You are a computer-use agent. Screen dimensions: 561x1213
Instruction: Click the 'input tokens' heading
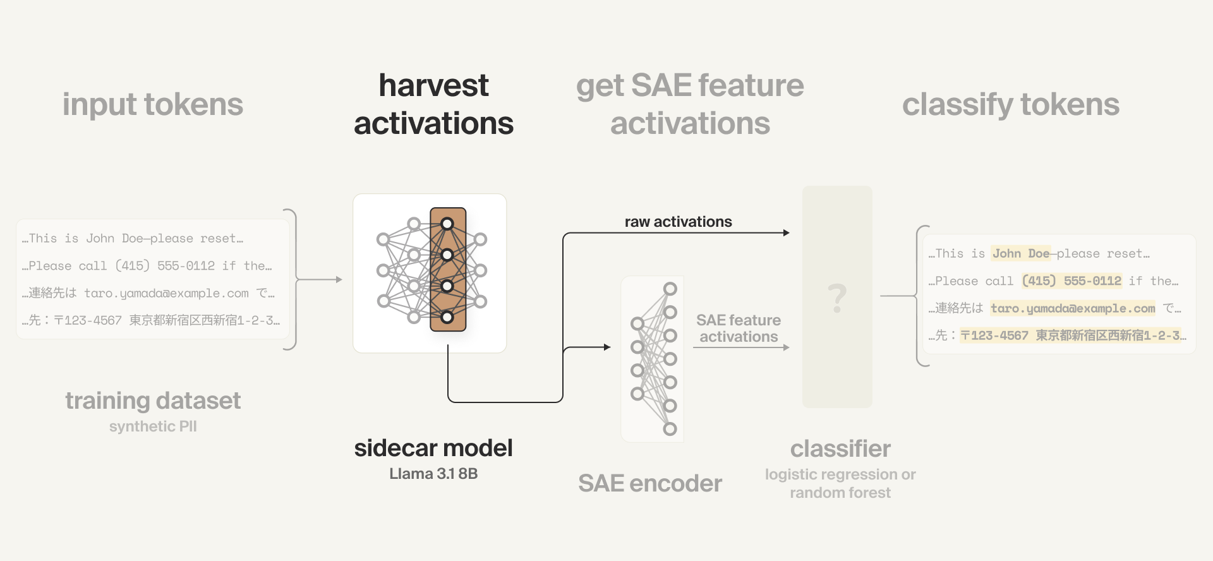[x=152, y=104]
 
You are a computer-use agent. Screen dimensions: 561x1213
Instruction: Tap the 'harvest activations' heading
[x=433, y=104]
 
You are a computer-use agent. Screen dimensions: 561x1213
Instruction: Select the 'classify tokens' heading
[x=1010, y=104]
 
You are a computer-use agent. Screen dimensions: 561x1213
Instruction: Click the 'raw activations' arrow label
[x=678, y=222]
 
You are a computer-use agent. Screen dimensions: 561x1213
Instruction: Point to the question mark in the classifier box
[x=837, y=298]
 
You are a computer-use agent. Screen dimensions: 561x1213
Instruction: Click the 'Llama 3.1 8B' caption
[x=433, y=474]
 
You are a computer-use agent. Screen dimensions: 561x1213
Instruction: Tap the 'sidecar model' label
[x=433, y=448]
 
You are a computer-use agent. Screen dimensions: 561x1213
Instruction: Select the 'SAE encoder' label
[x=649, y=483]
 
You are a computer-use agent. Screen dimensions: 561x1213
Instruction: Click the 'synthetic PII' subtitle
[x=153, y=426]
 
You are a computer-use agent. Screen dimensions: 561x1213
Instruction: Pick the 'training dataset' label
[x=153, y=401]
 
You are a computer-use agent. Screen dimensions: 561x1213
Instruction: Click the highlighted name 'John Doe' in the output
[x=1020, y=253]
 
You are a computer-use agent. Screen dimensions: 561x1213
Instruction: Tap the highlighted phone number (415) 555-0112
[x=1071, y=280]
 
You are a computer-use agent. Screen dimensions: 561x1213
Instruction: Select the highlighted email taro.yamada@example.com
[x=1073, y=308]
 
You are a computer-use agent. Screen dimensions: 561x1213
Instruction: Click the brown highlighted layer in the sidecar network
[x=448, y=270]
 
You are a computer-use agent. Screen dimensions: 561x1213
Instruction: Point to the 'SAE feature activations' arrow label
[x=739, y=329]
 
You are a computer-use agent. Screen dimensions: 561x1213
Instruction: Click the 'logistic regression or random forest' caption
[x=840, y=483]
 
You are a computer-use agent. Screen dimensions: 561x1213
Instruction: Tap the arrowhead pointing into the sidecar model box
[x=339, y=279]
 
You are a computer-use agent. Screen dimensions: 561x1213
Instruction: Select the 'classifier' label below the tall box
[x=840, y=449]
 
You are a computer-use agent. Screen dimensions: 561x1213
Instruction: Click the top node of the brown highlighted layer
[x=447, y=224]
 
